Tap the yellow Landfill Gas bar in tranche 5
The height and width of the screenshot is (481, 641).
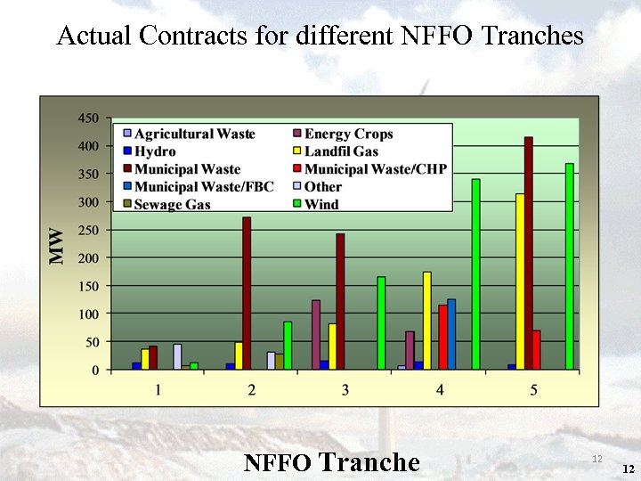pos(520,281)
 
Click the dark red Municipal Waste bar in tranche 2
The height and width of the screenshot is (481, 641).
pos(247,293)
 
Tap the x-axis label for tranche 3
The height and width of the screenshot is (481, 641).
pos(345,390)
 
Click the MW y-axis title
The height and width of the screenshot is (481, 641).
pos(56,246)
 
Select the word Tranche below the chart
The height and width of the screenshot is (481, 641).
pos(369,462)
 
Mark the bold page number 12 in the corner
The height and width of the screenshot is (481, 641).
pos(629,469)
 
